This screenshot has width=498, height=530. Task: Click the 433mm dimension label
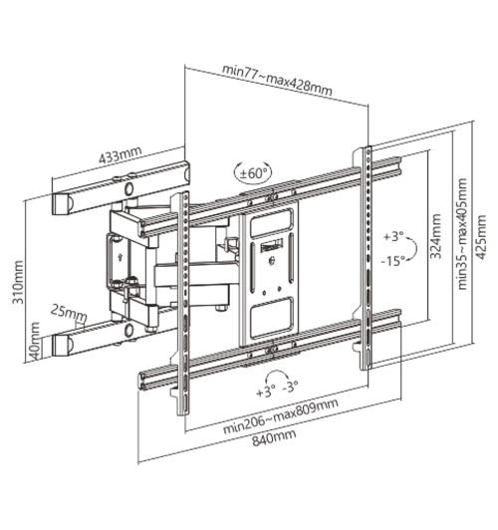[121, 156]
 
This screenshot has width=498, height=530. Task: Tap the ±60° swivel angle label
[253, 172]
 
